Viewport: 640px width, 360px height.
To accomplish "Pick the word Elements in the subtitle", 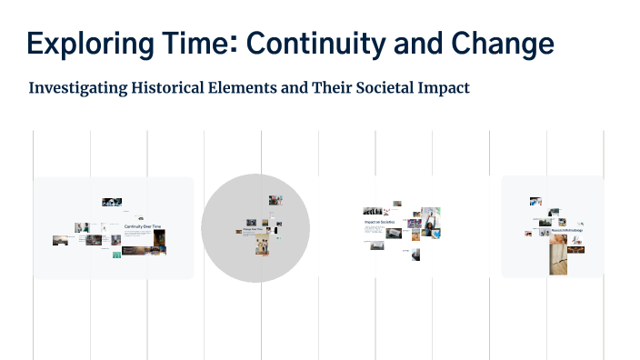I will (x=249, y=89).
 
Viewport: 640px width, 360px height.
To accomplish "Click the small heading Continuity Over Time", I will (x=142, y=225).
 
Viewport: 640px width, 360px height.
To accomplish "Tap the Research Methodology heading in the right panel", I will (x=565, y=230).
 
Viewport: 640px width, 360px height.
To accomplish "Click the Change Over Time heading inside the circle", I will (x=254, y=229).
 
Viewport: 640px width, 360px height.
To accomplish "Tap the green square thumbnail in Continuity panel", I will (x=116, y=255).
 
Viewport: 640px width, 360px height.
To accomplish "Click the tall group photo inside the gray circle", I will (x=262, y=245).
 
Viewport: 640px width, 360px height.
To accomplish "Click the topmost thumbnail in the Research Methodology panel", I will (x=536, y=201).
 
